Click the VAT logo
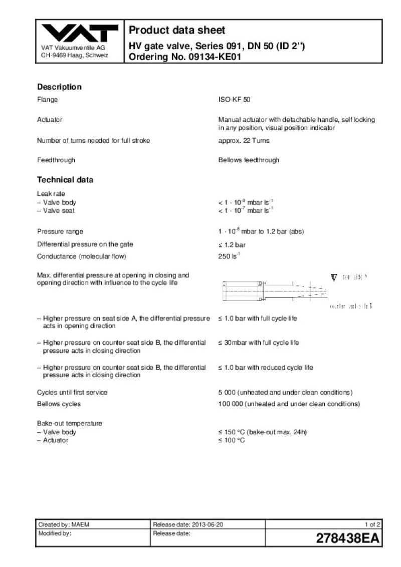[x=79, y=34]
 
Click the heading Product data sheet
[x=177, y=30]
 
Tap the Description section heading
[x=59, y=87]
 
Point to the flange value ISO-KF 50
[x=234, y=100]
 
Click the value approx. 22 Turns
[x=244, y=140]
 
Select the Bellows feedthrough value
[x=249, y=160]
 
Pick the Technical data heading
[x=65, y=180]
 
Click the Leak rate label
[x=51, y=193]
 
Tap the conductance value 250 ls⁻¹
[x=229, y=257]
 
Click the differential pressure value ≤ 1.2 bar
[x=232, y=245]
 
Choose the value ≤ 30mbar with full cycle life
[x=259, y=343]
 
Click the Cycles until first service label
[x=72, y=392]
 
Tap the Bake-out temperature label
[x=69, y=423]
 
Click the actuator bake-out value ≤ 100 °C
[x=232, y=440]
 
